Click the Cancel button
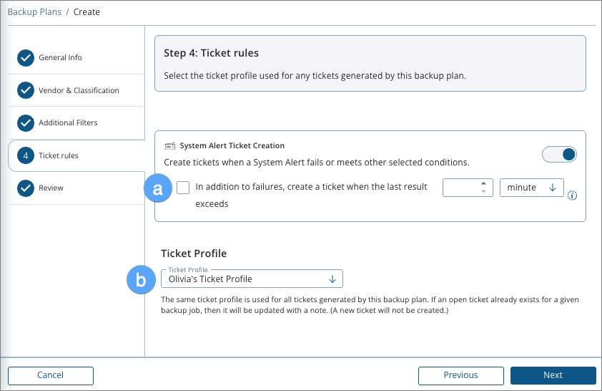tap(51, 375)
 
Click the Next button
tap(553, 375)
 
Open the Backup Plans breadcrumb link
tap(33, 12)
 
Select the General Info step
tap(60, 58)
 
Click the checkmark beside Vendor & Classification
tap(26, 90)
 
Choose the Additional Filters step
tap(68, 123)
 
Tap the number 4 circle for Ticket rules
tap(26, 155)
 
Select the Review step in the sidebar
tap(51, 188)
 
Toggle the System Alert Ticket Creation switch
tap(559, 155)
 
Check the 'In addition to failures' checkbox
tap(184, 188)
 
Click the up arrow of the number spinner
tap(484, 183)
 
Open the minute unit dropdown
tap(532, 188)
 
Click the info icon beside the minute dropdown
tap(572, 195)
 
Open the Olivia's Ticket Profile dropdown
tap(252, 279)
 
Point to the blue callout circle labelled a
tap(159, 188)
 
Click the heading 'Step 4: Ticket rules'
tap(212, 53)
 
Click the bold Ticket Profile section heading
tap(194, 254)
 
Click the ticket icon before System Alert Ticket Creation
tap(170, 145)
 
